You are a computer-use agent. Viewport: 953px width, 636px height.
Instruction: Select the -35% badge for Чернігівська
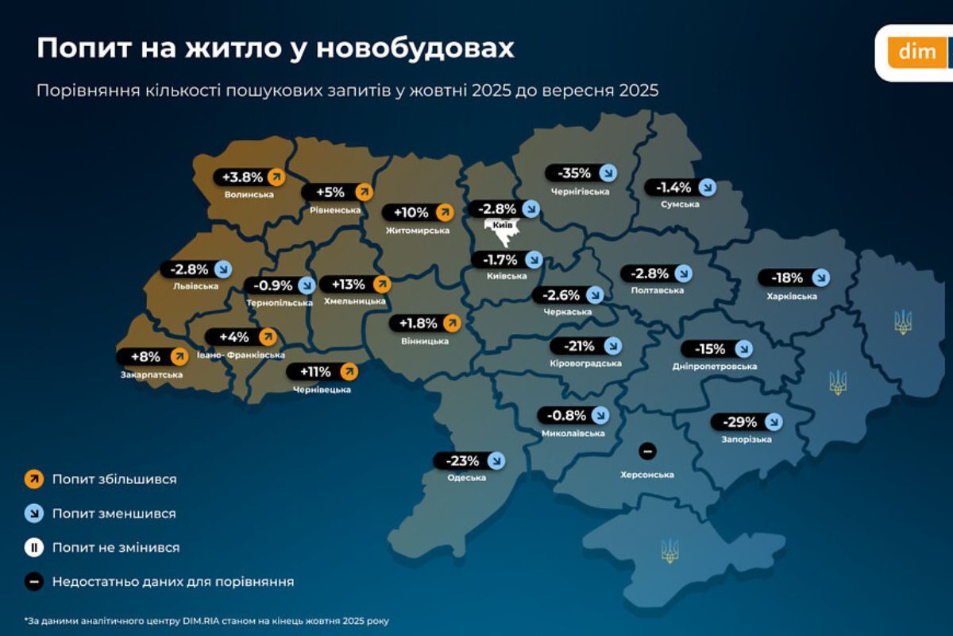click(574, 173)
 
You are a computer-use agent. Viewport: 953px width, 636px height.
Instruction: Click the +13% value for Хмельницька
click(348, 284)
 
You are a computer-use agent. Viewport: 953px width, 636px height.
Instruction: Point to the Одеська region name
click(466, 477)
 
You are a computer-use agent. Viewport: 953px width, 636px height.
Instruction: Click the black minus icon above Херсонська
click(647, 452)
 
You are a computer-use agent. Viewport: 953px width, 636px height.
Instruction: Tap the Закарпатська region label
click(151, 374)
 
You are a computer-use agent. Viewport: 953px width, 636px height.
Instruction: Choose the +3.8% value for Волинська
click(242, 176)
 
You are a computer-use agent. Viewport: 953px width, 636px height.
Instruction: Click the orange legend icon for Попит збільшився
click(34, 479)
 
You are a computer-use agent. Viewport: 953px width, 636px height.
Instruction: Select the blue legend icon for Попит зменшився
click(34, 514)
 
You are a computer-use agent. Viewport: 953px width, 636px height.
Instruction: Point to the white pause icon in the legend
click(34, 548)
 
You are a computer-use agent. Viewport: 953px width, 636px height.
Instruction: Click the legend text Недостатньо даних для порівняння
click(173, 581)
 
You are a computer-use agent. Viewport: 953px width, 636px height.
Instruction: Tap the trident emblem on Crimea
click(669, 550)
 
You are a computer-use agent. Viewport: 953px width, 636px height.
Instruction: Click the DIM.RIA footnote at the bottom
click(206, 620)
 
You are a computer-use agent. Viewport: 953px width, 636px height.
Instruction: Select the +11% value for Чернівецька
click(316, 371)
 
